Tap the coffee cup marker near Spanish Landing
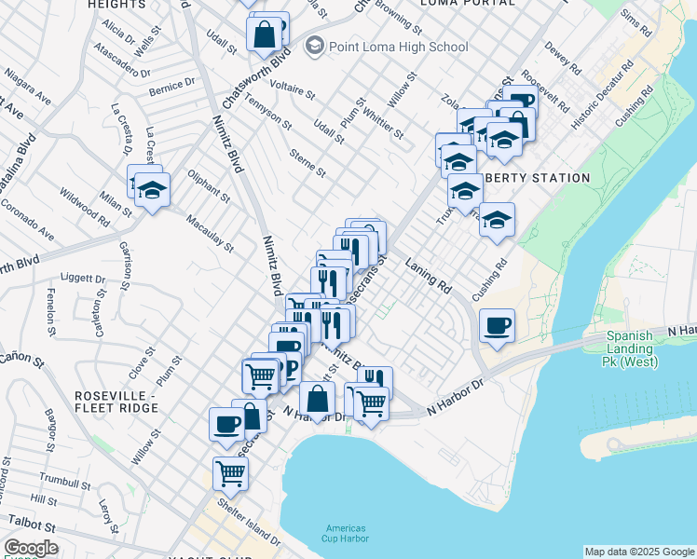497,326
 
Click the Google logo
31,549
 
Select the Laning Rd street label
428,277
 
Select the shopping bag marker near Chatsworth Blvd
265,35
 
